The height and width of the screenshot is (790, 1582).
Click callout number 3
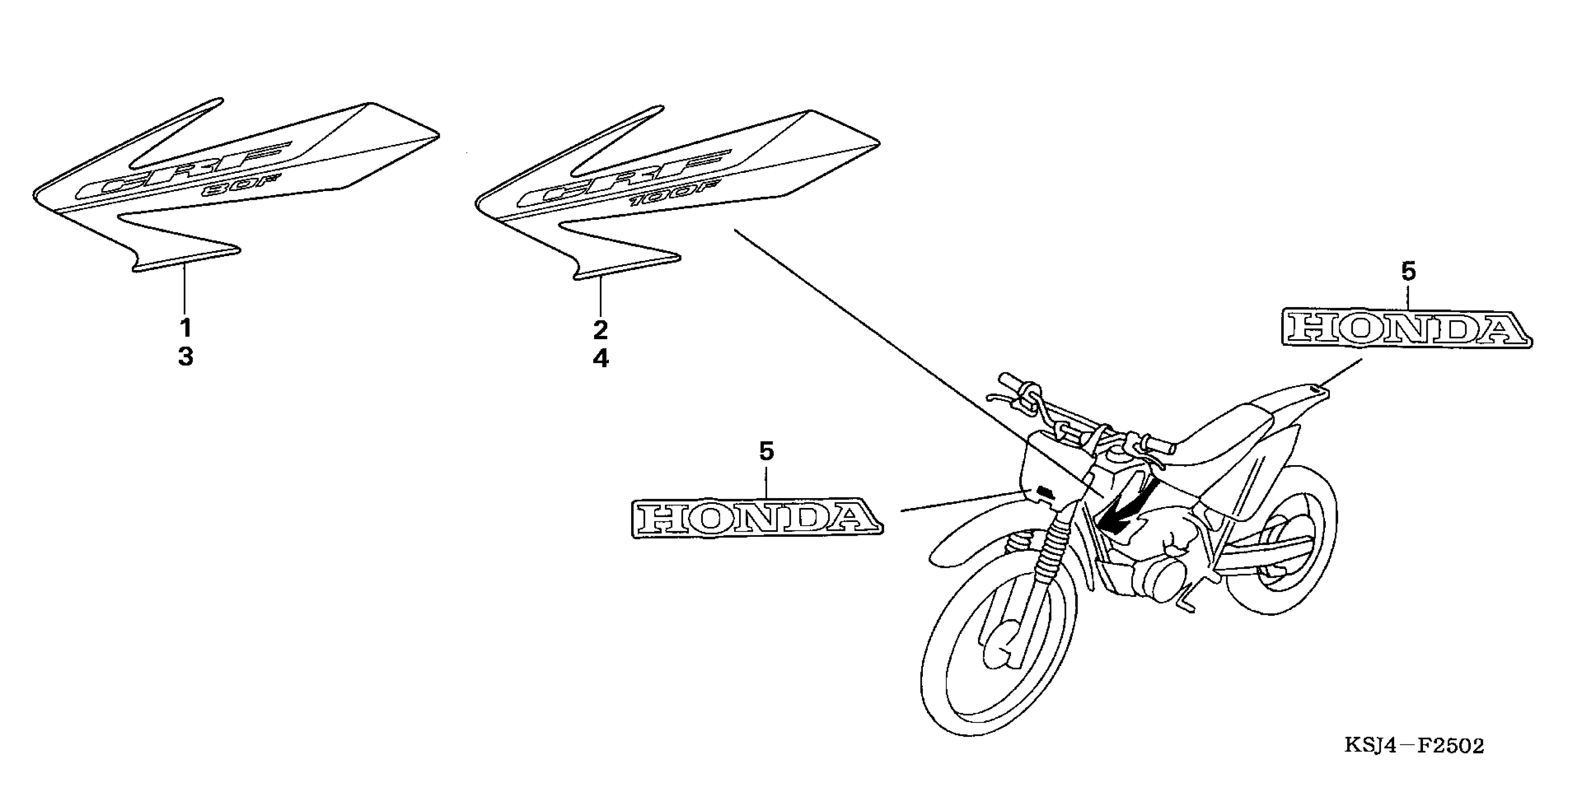(185, 356)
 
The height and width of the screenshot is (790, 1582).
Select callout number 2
(601, 330)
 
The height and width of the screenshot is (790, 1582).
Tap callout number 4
(601, 358)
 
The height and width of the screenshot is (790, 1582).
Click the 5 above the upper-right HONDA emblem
(1408, 271)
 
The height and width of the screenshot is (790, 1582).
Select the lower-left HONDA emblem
(757, 519)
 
